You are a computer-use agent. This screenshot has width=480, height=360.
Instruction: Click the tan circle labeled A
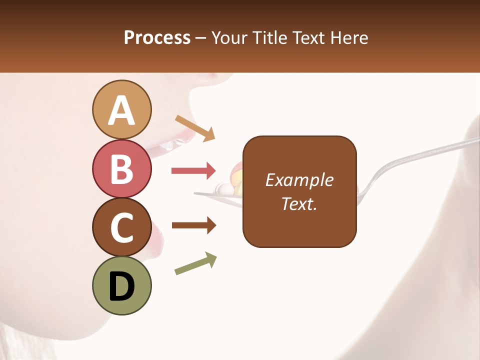[x=122, y=109]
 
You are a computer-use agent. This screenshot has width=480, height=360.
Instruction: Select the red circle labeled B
[x=122, y=168]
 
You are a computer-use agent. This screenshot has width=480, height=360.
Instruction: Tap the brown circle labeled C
[x=122, y=227]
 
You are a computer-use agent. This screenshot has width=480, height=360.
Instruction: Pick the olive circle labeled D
[x=122, y=285]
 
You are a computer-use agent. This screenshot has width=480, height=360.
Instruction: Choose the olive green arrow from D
[x=195, y=263]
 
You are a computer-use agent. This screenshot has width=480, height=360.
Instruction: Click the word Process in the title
[x=157, y=38]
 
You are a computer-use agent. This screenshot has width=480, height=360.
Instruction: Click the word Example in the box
[x=299, y=180]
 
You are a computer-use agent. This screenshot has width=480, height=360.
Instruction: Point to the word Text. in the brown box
[x=299, y=203]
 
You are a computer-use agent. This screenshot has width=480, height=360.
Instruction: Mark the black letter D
[x=122, y=286]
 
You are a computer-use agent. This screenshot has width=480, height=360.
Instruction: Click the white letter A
[x=122, y=110]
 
